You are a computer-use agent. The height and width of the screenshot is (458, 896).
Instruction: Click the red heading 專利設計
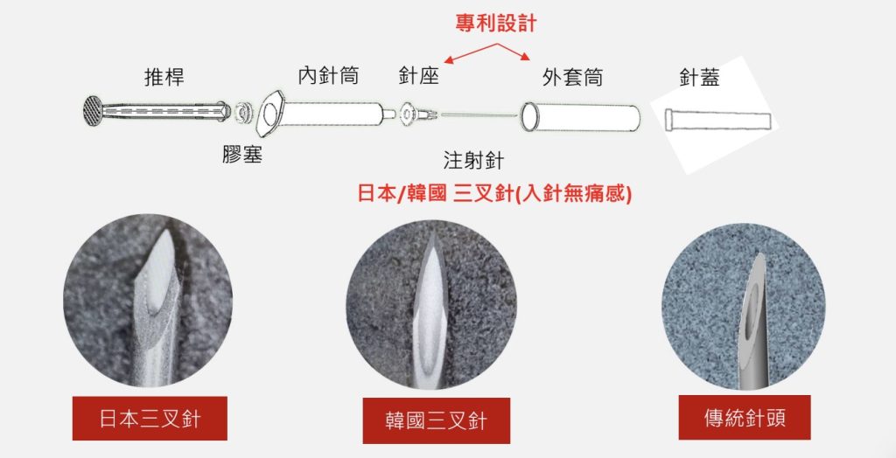[496, 24]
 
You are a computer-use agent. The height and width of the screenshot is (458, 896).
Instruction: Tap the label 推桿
[164, 77]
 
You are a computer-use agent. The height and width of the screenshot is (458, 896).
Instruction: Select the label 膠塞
[242, 154]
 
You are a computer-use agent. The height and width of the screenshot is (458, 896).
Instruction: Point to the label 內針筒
[328, 76]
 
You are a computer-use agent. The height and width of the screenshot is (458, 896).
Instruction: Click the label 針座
[419, 76]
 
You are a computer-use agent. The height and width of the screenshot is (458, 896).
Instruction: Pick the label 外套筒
[572, 77]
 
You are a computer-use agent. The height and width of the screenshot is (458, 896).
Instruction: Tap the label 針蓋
[699, 77]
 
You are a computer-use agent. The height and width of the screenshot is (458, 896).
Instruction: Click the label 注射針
[473, 161]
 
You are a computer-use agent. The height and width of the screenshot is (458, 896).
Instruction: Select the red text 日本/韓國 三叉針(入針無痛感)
[495, 194]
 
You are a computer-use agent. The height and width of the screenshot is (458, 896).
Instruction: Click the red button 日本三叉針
[150, 419]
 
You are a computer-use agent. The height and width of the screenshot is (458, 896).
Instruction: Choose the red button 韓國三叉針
[437, 421]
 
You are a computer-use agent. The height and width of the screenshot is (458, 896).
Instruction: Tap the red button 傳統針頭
[745, 418]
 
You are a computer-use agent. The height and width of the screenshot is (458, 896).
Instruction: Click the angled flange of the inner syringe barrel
[269, 113]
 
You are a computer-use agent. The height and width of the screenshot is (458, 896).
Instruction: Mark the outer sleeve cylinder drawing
[580, 117]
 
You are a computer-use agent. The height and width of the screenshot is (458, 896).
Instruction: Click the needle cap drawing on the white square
[717, 121]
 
